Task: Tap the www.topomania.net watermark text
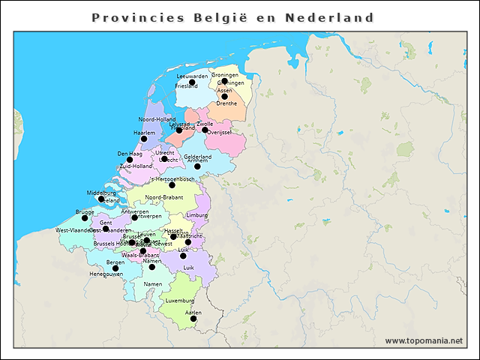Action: tap(423, 340)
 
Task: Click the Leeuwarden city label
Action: tap(192, 76)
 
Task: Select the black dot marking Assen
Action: tap(224, 97)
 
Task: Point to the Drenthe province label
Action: tap(226, 103)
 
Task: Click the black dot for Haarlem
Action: tap(144, 139)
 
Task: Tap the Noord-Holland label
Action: tap(157, 119)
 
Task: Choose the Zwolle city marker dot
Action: tap(205, 130)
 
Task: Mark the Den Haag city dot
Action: tap(129, 160)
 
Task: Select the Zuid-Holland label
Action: tap(136, 166)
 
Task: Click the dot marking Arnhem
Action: tap(197, 166)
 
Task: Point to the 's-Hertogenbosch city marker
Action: tap(172, 185)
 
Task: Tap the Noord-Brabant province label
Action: tap(163, 197)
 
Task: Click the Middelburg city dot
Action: tap(100, 199)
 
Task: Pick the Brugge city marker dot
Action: tap(85, 218)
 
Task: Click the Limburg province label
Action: tap(196, 215)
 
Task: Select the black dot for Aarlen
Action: tap(193, 319)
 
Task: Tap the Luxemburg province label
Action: tap(180, 301)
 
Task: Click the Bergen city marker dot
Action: tap(115, 268)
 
